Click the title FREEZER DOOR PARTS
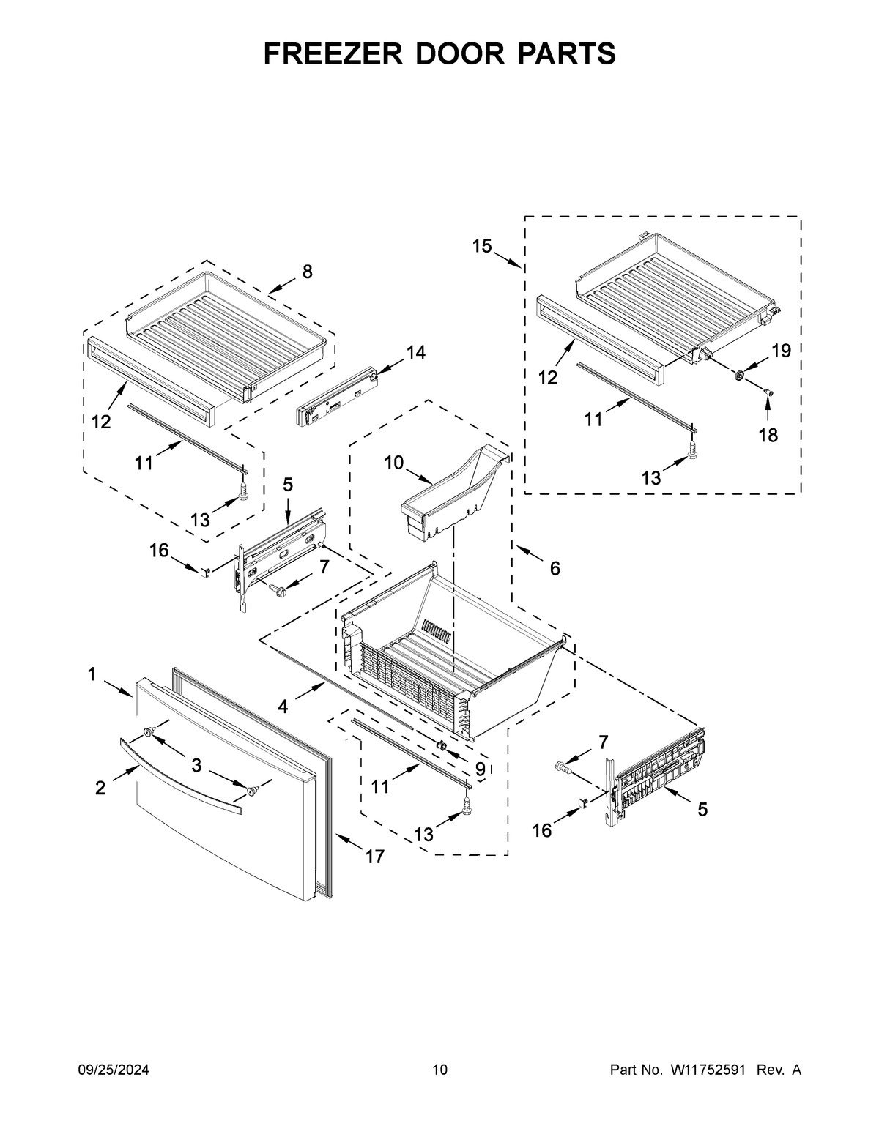(x=439, y=53)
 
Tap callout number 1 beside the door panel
(x=92, y=674)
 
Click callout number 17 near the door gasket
(x=374, y=856)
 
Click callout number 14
(x=415, y=352)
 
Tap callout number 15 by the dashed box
(x=482, y=246)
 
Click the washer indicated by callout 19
(x=740, y=376)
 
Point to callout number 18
(x=768, y=435)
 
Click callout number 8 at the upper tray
(x=307, y=272)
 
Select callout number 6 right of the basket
(x=555, y=567)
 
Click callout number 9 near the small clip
(x=480, y=769)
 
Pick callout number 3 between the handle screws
(x=196, y=766)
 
